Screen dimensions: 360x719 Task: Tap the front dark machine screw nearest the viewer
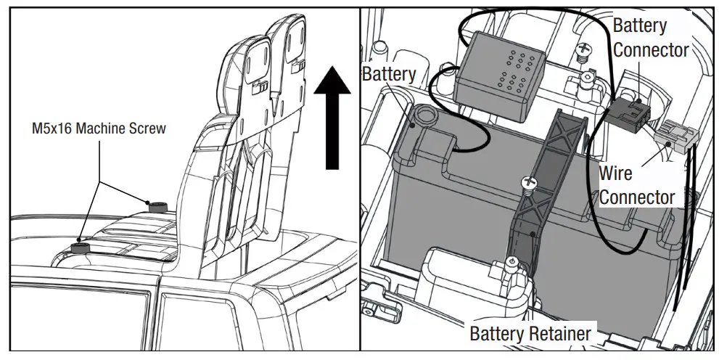(82, 249)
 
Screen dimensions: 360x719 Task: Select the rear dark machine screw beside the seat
(156, 206)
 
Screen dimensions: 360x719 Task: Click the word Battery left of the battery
(389, 74)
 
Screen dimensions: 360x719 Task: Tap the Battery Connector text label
(650, 38)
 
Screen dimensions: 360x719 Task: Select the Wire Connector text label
(636, 185)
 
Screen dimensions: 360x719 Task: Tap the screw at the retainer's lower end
(511, 266)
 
